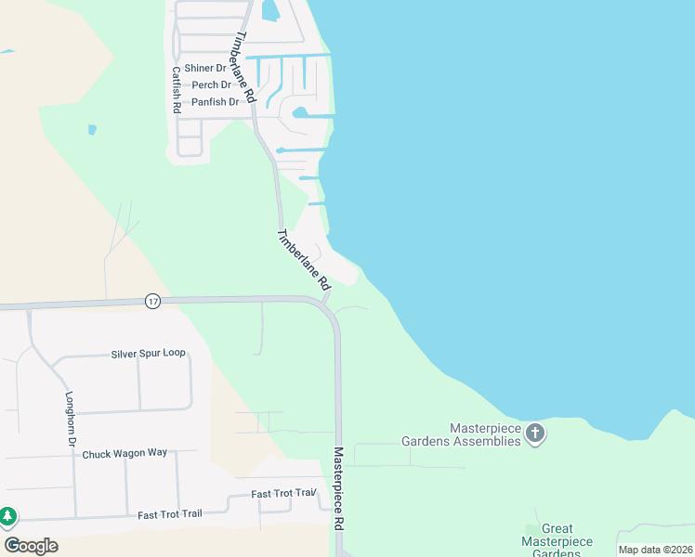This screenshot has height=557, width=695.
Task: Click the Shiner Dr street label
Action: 205,69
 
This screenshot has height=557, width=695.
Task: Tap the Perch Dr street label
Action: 211,85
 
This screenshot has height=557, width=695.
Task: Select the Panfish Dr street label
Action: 215,102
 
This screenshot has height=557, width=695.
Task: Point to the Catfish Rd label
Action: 176,89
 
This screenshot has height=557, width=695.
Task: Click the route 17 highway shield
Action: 153,301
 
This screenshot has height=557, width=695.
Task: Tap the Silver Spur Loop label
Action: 149,354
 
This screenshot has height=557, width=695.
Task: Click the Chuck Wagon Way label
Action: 125,454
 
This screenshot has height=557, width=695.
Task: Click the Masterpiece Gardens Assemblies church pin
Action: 535,434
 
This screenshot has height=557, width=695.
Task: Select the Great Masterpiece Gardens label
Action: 557,541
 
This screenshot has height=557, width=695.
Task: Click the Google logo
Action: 31,546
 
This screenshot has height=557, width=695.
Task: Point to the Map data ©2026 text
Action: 655,550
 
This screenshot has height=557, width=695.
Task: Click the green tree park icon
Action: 7,515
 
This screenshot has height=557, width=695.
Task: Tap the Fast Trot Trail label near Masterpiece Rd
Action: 284,494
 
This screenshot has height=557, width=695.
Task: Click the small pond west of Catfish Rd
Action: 92,130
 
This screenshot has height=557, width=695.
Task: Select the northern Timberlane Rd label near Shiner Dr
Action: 244,67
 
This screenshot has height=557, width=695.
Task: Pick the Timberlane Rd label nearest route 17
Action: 304,261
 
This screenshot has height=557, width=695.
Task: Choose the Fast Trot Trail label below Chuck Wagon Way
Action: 169,514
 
